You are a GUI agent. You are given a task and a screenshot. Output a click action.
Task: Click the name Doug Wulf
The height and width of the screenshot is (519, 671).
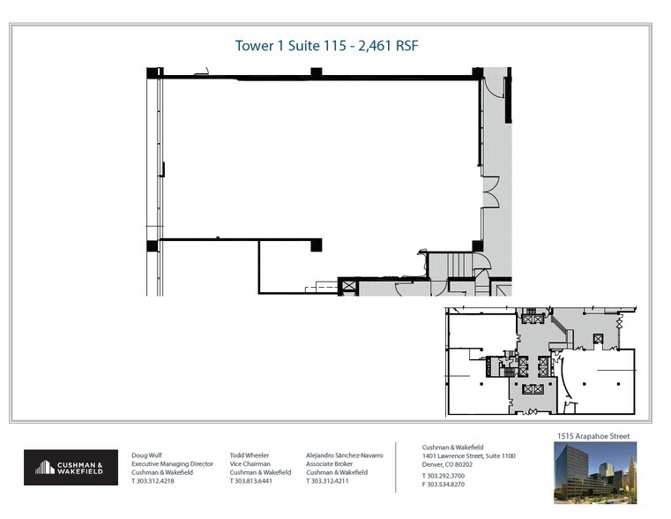(148, 455)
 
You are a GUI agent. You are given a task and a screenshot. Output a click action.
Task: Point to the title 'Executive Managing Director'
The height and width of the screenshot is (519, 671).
(172, 463)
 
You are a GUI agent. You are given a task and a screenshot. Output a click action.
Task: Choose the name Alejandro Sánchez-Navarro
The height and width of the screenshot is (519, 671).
(345, 455)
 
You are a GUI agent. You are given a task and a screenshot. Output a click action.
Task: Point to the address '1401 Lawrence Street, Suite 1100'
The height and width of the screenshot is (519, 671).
(468, 455)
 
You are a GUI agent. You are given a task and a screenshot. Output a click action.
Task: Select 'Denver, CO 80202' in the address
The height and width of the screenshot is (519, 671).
(447, 463)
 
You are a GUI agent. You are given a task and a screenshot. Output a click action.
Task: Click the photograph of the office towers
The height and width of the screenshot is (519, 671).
(594, 472)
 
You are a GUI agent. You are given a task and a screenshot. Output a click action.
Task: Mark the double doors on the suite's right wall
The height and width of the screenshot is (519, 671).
(491, 192)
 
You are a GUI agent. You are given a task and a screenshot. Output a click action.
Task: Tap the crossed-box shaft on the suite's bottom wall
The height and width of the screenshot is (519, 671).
(348, 285)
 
